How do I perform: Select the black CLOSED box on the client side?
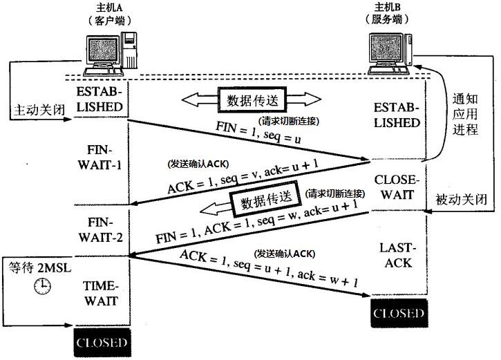coord(102,342)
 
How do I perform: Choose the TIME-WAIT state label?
coord(102,293)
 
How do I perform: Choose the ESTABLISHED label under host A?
coord(102,100)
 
